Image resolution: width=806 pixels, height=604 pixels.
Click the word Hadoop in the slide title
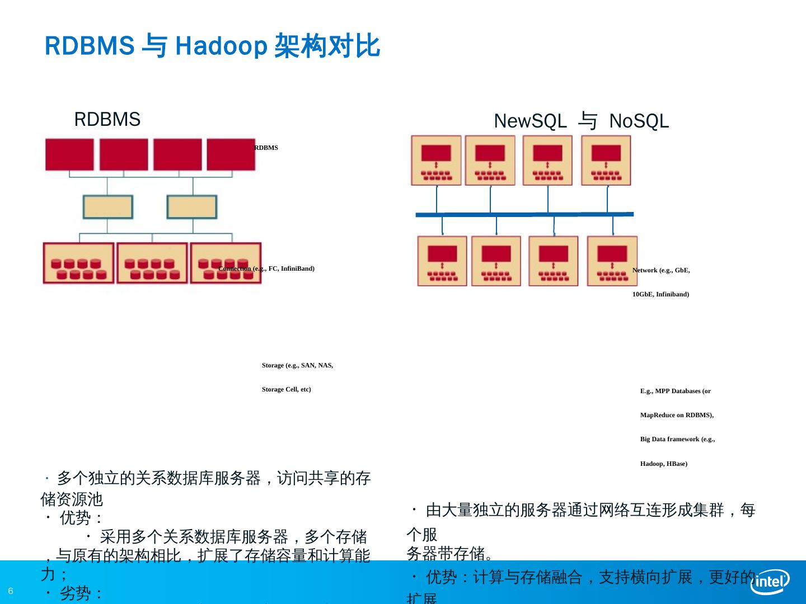point(221,46)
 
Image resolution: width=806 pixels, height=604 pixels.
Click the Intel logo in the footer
point(770,582)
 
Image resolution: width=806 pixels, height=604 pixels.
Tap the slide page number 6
point(11,591)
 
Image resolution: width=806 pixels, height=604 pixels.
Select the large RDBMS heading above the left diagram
point(107,119)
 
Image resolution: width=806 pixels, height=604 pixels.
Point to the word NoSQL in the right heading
point(639,121)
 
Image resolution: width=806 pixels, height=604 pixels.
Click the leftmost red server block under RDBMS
point(69,154)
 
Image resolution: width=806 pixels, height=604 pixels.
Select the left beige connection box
point(107,207)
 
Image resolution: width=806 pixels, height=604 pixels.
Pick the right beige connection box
point(191,207)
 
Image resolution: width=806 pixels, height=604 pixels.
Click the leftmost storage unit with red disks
point(78,263)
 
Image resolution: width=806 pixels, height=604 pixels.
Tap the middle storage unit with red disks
point(152,263)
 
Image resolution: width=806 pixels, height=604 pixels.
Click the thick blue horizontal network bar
point(524,214)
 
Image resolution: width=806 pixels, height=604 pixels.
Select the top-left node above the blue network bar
point(436,161)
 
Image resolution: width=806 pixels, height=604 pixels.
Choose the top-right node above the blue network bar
point(606,161)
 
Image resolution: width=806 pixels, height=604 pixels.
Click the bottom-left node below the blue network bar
point(442,261)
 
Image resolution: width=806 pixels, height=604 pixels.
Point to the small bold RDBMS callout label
point(266,148)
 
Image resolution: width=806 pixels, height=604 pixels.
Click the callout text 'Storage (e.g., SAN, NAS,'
point(297,365)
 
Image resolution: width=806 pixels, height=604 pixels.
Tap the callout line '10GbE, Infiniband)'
point(660,294)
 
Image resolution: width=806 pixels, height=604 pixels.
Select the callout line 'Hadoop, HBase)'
point(664,464)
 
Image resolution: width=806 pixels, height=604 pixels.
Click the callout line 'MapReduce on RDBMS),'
point(677,415)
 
